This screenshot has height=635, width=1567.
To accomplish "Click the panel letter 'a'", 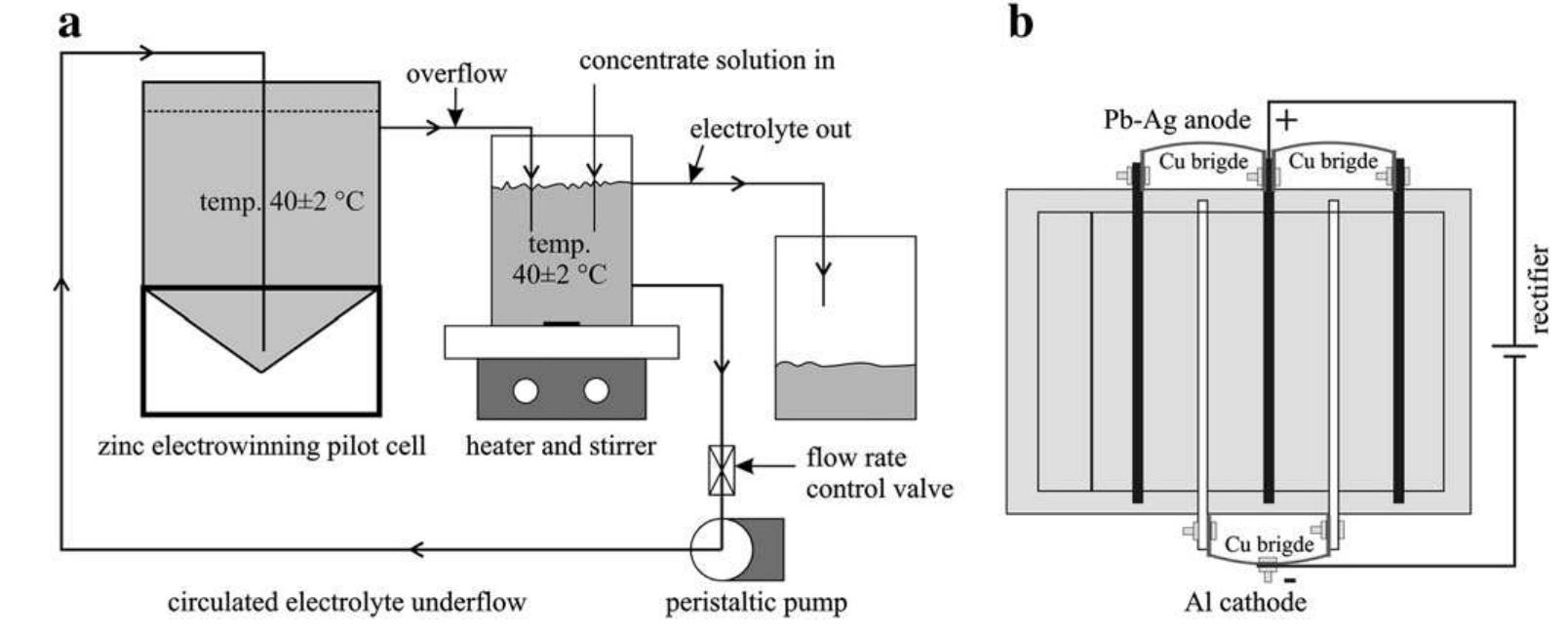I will click(x=69, y=23).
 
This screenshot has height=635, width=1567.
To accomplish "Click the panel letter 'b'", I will click(x=1020, y=21).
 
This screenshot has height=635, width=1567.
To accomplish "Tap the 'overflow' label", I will click(x=456, y=74).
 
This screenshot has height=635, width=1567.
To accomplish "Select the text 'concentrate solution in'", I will click(x=706, y=60).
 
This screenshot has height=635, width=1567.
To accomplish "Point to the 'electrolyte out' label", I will click(x=769, y=130).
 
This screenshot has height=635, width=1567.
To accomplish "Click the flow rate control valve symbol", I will click(x=722, y=469).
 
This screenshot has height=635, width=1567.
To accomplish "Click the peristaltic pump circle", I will click(x=722, y=548).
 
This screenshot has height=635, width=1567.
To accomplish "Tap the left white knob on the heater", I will click(x=527, y=391).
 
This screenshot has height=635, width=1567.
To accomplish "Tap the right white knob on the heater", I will click(x=596, y=391).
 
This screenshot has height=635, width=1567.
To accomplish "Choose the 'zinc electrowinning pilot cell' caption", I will click(x=261, y=447).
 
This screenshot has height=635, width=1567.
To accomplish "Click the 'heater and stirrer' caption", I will click(x=561, y=447).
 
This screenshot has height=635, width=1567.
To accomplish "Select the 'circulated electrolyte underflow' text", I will click(x=346, y=602).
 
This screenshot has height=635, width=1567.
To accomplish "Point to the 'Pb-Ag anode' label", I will click(x=1176, y=120).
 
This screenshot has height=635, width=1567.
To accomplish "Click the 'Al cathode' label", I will click(x=1245, y=602).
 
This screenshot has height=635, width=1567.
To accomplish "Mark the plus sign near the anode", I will click(x=1287, y=120).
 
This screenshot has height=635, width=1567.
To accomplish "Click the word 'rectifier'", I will click(x=1539, y=289).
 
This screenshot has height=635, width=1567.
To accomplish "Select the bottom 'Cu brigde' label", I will click(x=1269, y=544).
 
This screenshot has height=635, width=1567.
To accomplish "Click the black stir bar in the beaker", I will click(x=562, y=323).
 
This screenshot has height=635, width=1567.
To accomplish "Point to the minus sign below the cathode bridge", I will click(x=1290, y=581).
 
